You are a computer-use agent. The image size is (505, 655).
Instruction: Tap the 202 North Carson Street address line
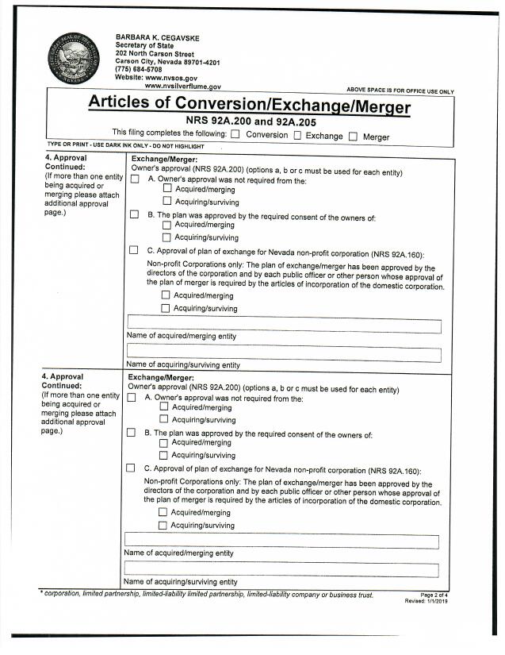pos(155,54)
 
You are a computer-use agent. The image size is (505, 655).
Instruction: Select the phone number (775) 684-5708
pos(140,70)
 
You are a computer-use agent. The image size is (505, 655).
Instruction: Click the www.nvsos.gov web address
pos(172,78)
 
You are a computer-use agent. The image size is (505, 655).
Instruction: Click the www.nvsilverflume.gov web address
pos(182,86)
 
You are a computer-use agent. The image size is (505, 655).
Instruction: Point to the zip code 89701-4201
pos(198,62)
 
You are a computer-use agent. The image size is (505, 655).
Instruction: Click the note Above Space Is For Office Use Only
pos(400,91)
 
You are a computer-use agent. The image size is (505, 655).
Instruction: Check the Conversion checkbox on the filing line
pos(235,135)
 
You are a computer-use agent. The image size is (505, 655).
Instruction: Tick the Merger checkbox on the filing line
pos(354,135)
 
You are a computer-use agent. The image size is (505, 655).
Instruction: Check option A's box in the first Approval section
pos(135,179)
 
